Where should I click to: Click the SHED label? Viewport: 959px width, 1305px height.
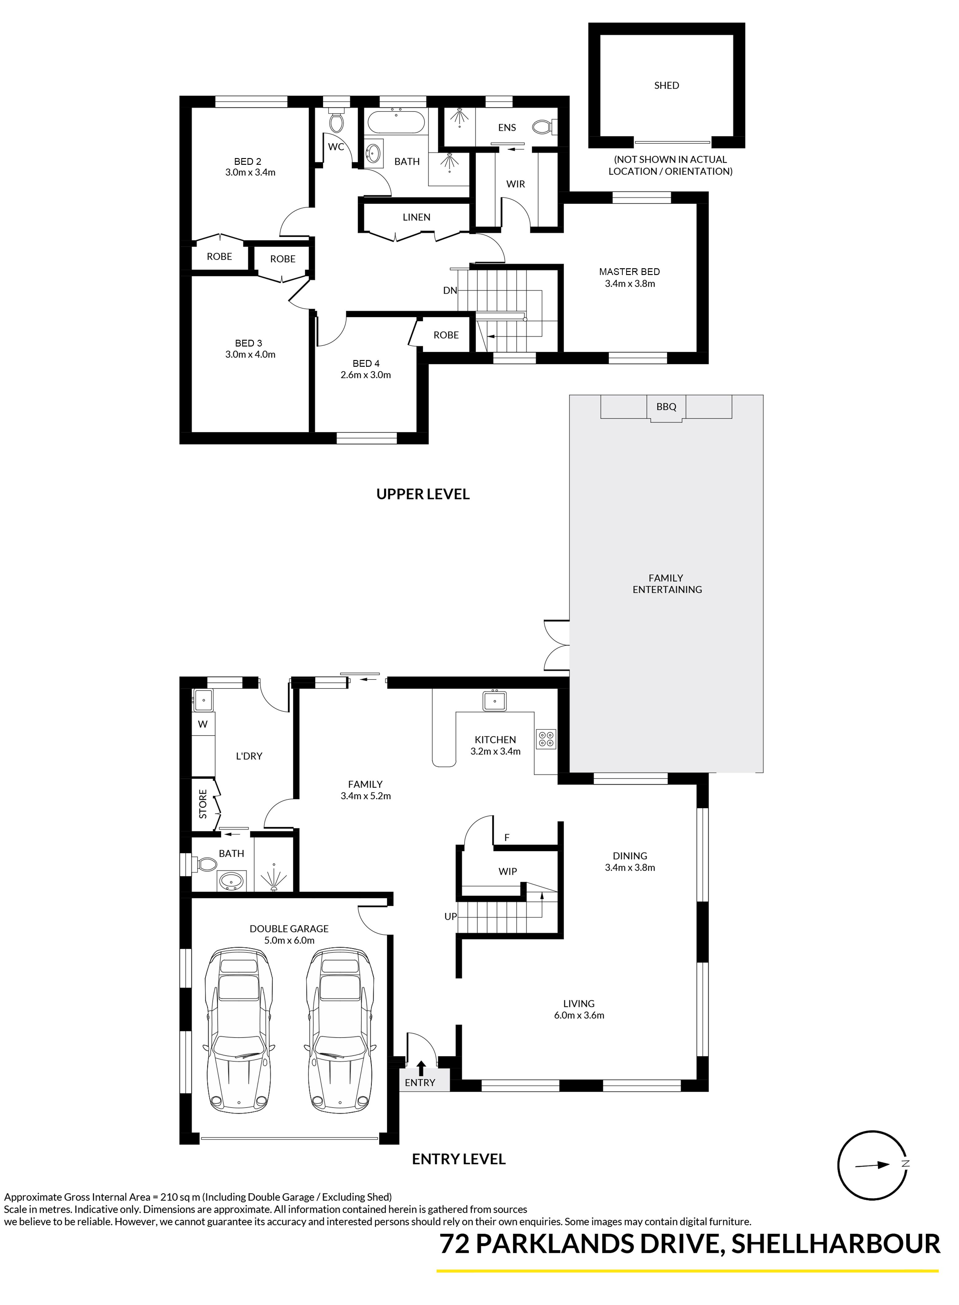point(666,85)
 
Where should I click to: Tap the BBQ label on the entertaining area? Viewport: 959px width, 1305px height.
point(666,407)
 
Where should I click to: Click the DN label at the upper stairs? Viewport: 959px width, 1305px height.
point(450,291)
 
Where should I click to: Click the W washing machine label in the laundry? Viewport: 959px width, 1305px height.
point(203,724)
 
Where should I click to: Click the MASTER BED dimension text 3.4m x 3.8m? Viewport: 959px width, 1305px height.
point(630,284)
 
